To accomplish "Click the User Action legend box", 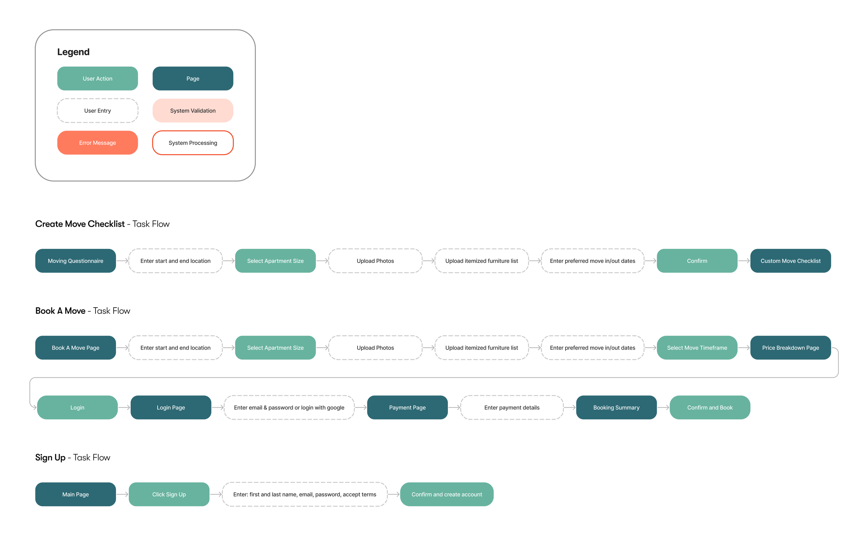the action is (98, 78).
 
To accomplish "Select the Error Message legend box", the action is (98, 143).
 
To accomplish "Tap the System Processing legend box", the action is (193, 143).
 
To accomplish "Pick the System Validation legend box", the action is (193, 111).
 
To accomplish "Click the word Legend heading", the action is (73, 52).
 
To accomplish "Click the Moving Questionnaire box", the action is (76, 261).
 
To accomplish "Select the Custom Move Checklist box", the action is (790, 261).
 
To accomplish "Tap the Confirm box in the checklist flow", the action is (697, 261).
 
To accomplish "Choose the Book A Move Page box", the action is (76, 348).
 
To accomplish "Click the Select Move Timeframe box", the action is (697, 348).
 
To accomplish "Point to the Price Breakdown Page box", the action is (790, 348).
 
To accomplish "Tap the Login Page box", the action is (171, 407).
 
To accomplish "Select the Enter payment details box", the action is (512, 407).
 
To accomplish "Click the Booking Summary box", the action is (617, 407).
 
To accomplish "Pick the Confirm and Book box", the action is (710, 407).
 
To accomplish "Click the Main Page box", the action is (76, 494).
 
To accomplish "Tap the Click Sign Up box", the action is (169, 494).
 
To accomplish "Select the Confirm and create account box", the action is (447, 494).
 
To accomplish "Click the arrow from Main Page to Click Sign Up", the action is (122, 494).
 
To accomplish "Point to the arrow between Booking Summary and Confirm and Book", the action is (663, 407).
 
